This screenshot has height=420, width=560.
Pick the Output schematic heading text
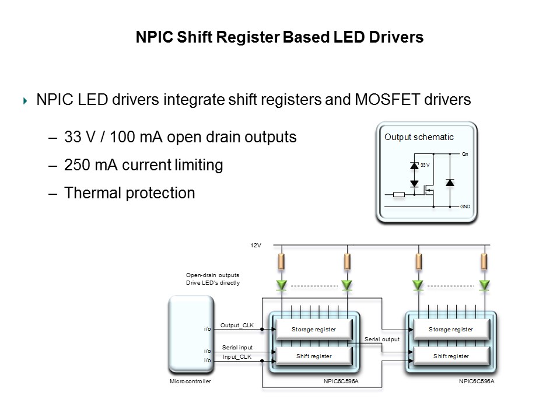tap(419, 137)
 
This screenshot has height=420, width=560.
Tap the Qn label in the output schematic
tap(465, 155)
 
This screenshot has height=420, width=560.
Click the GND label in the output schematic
tap(466, 207)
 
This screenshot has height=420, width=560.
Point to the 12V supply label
tap(256, 246)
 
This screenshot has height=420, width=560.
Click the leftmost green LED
tap(282, 285)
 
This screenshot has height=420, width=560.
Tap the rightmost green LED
tap(484, 285)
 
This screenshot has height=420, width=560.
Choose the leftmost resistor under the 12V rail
tap(282, 261)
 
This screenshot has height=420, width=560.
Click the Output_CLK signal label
tap(237, 325)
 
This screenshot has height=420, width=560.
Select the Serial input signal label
tap(237, 347)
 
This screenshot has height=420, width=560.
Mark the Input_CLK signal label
tap(237, 356)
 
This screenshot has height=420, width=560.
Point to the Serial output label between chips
tap(382, 339)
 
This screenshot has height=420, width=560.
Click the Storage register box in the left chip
tap(314, 330)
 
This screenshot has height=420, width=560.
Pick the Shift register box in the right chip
tap(451, 356)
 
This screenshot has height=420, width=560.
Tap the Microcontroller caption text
tap(190, 381)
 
